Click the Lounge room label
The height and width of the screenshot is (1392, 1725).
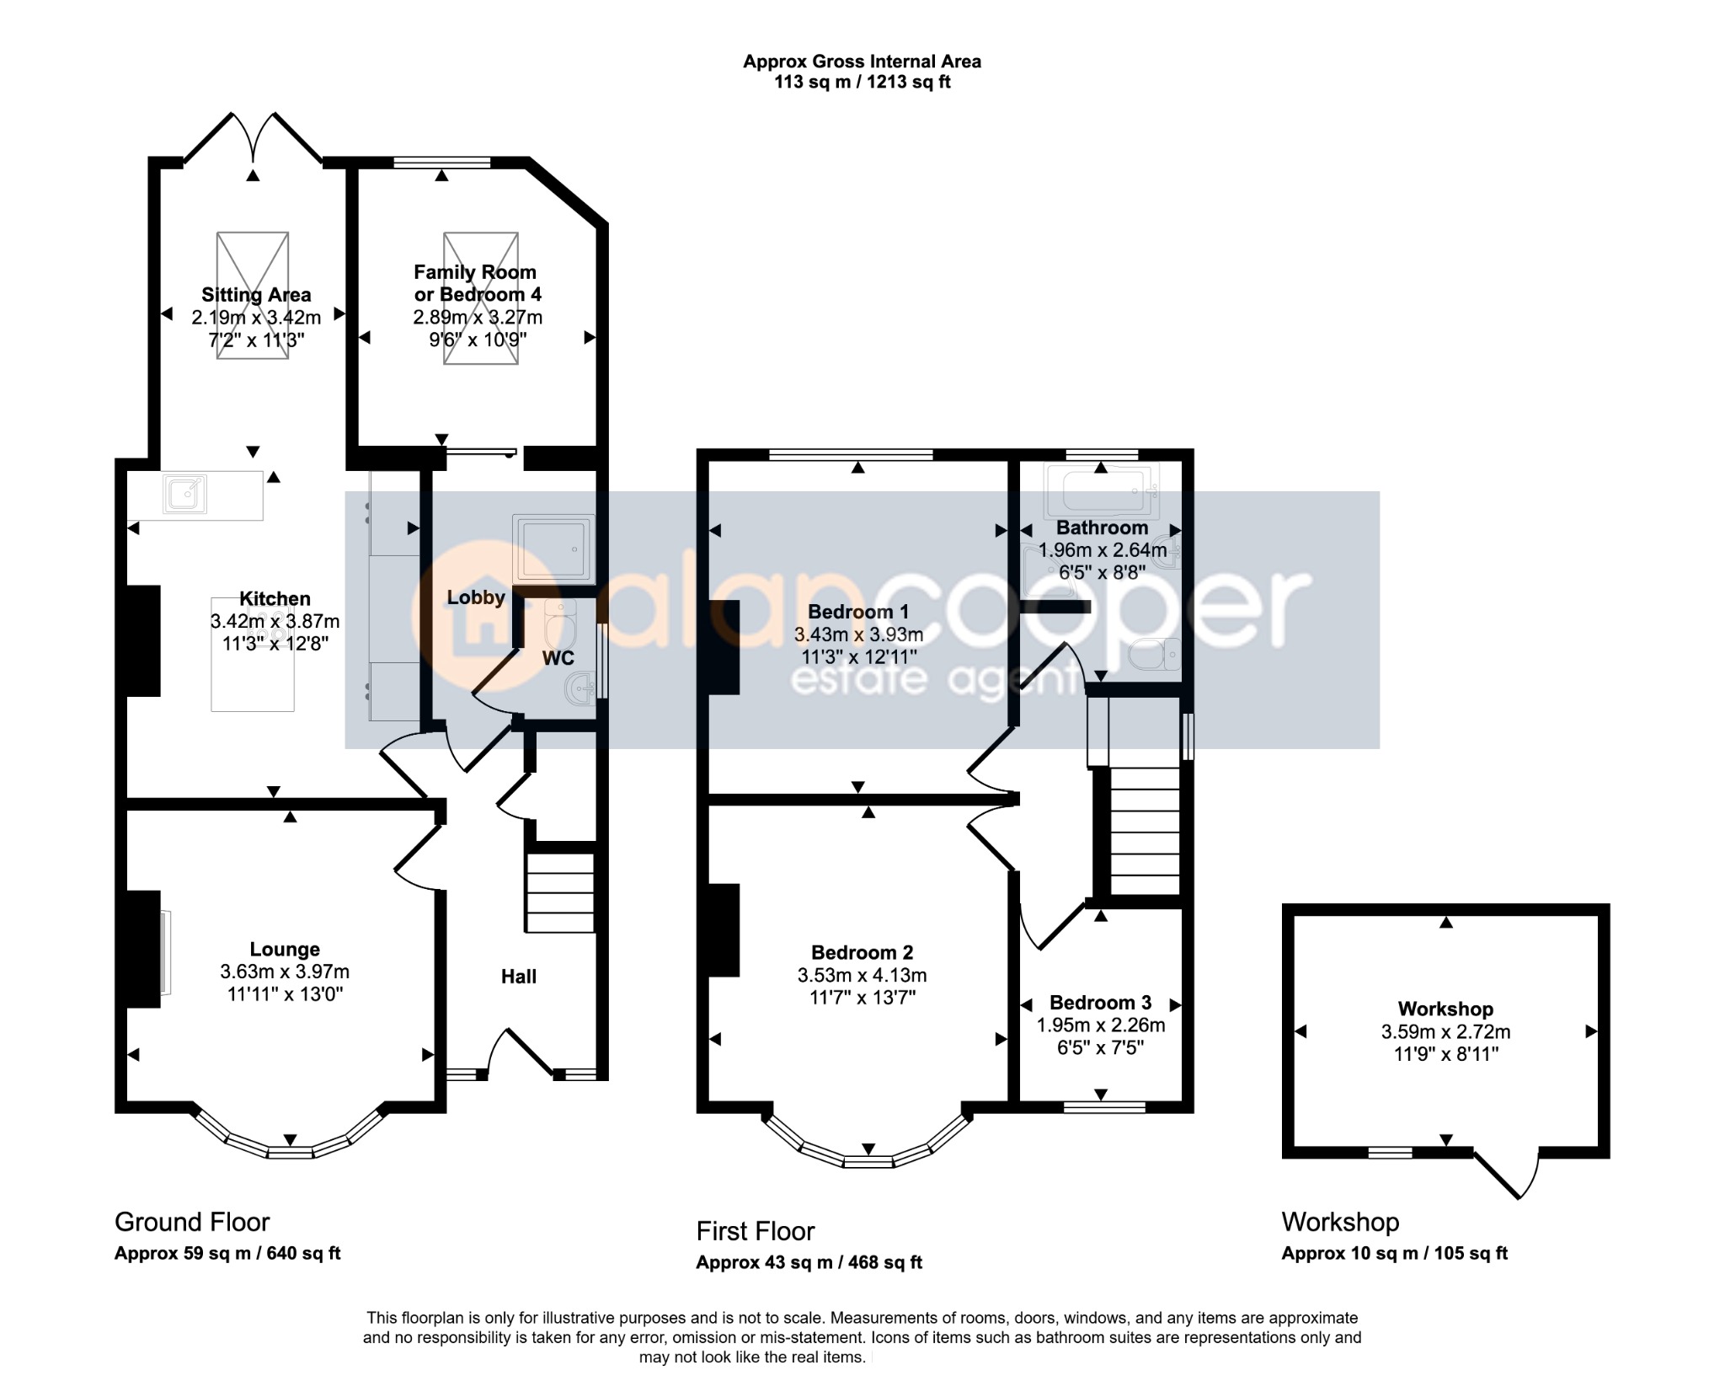point(285,950)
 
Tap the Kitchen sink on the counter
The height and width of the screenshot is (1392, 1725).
point(185,495)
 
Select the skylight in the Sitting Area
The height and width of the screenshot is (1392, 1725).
point(253,296)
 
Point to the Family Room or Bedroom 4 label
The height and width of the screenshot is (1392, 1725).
point(477,283)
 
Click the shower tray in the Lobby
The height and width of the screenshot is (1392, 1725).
point(553,549)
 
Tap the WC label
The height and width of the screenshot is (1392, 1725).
point(558,658)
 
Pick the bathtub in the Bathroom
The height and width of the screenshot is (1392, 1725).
point(1101,490)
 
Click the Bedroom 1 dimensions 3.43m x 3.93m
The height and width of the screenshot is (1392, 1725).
point(858,634)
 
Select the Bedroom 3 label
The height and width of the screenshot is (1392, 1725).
point(1100,1003)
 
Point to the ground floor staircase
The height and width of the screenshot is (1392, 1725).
point(560,893)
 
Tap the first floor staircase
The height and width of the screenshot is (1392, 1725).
point(1145,831)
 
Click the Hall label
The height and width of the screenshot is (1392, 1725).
point(519,977)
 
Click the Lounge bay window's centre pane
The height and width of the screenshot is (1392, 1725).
point(291,1152)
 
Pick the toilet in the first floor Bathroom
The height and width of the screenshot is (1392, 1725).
point(1155,654)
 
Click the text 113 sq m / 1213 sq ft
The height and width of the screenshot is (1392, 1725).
point(862,83)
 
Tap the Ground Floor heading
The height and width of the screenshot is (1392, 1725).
point(192,1222)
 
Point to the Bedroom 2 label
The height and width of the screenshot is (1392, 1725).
point(862,952)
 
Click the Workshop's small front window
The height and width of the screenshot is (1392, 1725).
point(1390,1152)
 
